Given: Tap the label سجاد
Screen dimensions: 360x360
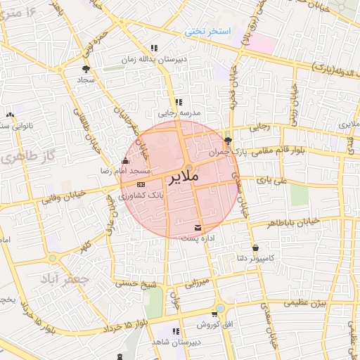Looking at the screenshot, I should [x=86, y=80].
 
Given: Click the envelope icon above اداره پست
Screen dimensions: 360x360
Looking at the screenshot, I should [x=198, y=227].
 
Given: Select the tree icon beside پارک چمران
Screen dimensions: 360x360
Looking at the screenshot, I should [x=227, y=141].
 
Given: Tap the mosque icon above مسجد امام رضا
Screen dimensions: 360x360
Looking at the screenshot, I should [x=125, y=162].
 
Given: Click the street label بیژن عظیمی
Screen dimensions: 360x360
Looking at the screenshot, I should [x=306, y=303].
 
